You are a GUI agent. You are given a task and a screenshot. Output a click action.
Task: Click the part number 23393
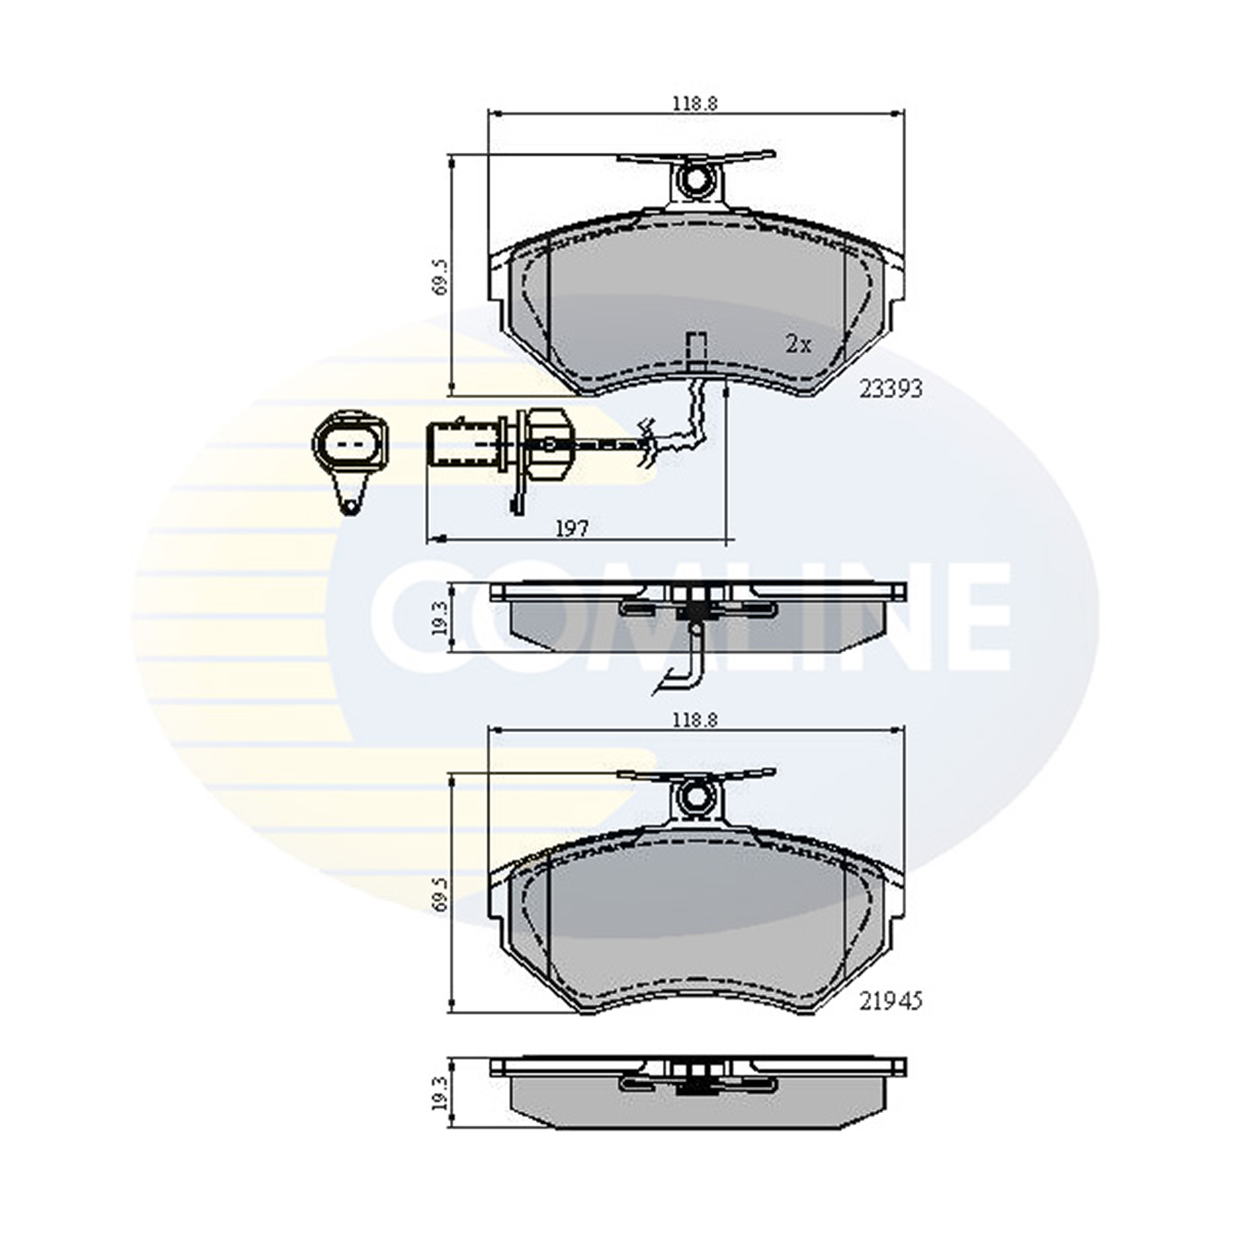point(890,388)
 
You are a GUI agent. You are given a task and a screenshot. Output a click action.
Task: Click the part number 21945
point(890,1019)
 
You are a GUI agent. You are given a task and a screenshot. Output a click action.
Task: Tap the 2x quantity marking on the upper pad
point(799,345)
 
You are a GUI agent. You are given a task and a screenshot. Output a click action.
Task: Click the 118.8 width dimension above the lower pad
point(694,720)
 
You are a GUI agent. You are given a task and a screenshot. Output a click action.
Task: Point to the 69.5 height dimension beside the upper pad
point(441,277)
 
